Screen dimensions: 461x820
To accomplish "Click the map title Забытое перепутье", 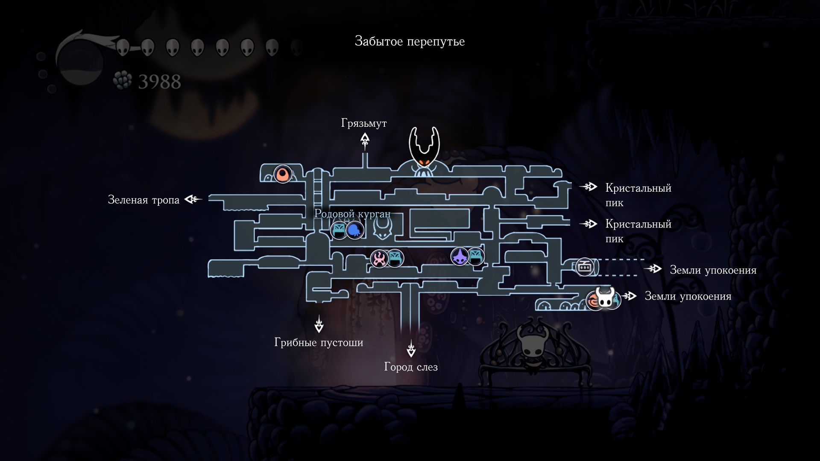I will (410, 41).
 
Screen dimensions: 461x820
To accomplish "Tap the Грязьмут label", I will (364, 123).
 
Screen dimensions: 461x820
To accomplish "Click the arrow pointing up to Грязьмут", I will (365, 141).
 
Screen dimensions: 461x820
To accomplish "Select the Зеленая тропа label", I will (143, 200).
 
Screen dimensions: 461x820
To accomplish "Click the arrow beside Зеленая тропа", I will (193, 199).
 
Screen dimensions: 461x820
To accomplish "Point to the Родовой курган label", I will (352, 213).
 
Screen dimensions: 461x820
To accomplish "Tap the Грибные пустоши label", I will (319, 342).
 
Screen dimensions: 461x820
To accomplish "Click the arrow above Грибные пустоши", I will (319, 324).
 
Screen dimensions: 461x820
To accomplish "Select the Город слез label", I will (411, 367).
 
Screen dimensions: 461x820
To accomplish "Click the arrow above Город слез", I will (411, 349).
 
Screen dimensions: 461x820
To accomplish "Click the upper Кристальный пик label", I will (638, 195).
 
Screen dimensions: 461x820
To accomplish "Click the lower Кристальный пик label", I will (638, 231).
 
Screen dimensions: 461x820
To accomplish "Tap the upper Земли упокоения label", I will (713, 270).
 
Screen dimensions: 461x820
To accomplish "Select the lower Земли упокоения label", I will (688, 296).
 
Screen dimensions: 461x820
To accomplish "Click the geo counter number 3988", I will (159, 82).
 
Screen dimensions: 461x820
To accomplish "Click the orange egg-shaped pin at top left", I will (282, 174).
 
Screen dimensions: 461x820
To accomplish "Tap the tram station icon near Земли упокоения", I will (584, 267).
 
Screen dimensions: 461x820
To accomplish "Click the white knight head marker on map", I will (605, 297).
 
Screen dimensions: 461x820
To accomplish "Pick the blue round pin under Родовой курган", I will (354, 230).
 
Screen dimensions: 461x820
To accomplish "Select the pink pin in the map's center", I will (379, 259).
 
